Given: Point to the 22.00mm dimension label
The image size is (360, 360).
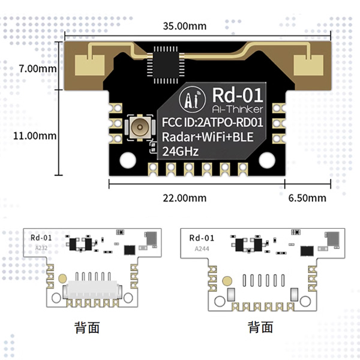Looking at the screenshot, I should pyautogui.click(x=185, y=198).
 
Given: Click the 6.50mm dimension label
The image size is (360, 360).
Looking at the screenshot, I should pyautogui.click(x=307, y=198).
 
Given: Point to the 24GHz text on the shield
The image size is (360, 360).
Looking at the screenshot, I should pyautogui.click(x=181, y=152).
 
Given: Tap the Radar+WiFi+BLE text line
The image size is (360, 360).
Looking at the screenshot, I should pyautogui.click(x=208, y=137).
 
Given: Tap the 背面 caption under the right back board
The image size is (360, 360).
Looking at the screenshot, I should pyautogui.click(x=260, y=328).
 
